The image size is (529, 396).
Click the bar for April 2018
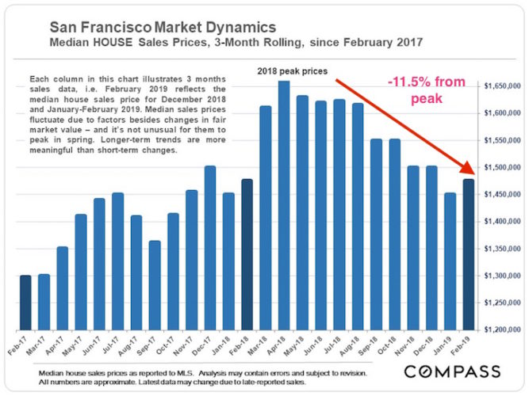coord(284,206)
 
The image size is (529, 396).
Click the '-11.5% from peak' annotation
coord(430,89)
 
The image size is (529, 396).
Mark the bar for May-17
coord(81,272)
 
